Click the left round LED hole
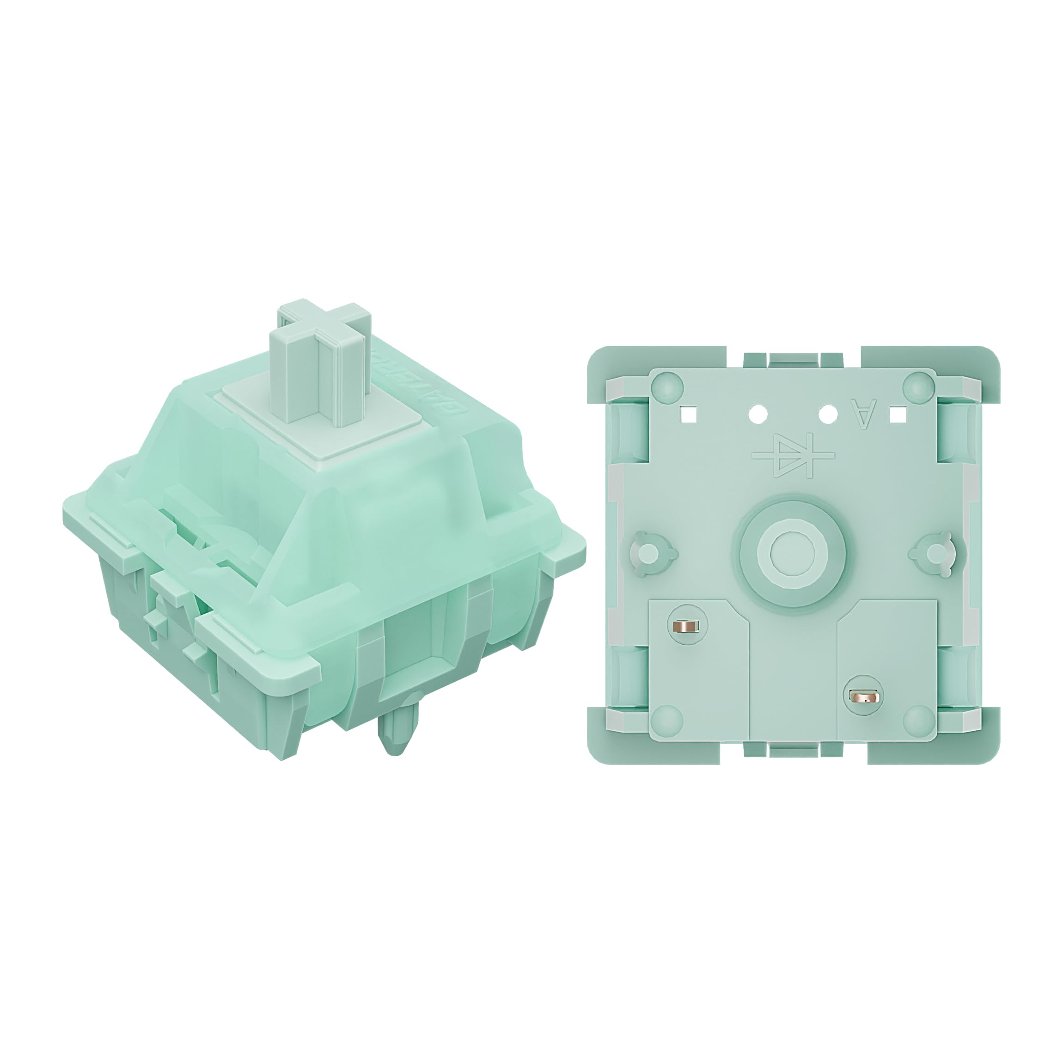coord(758,413)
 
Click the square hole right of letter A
coord(898,414)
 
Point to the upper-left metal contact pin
coord(684,626)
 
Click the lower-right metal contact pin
coord(864,698)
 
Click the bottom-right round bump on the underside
coord(918,720)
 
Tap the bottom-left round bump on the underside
coord(667,720)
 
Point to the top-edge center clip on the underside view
coord(792,360)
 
